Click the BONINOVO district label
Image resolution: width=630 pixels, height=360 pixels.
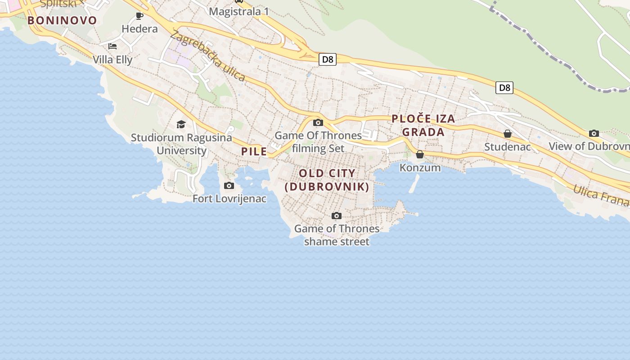click(62, 20)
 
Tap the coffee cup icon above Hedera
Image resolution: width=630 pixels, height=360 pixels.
click(139, 16)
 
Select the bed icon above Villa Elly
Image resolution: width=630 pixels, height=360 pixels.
click(112, 46)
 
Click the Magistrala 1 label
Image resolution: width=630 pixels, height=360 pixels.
click(238, 11)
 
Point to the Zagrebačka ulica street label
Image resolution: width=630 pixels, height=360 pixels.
click(207, 56)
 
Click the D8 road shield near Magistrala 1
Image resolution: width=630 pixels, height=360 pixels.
click(328, 59)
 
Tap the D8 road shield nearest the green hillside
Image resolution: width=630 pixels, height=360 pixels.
click(504, 87)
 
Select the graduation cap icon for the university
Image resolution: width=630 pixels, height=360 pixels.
click(181, 124)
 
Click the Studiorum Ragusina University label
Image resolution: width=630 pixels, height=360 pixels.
click(181, 144)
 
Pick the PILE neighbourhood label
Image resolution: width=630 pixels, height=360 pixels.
click(254, 152)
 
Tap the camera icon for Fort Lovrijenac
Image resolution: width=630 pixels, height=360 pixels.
click(229, 185)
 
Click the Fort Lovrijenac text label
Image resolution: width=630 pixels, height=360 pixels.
click(229, 198)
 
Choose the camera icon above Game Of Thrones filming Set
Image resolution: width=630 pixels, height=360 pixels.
click(318, 122)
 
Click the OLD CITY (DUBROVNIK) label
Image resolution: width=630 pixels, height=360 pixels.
click(327, 180)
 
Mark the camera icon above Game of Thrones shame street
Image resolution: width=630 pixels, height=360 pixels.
click(336, 216)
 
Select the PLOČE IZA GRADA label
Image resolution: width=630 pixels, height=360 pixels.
click(423, 125)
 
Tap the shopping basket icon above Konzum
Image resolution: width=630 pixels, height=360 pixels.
click(420, 154)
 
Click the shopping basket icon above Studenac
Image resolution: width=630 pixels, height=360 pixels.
click(508, 134)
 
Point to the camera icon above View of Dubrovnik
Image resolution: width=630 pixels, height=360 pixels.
click(594, 133)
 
